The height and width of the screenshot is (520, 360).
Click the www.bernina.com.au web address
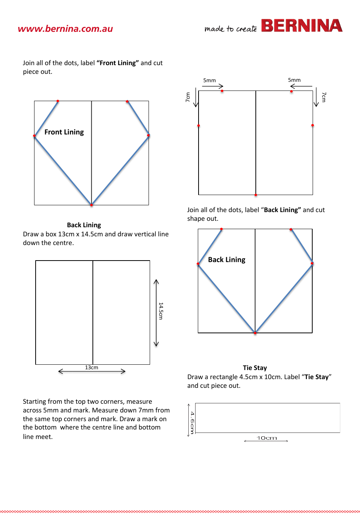[x=65, y=29]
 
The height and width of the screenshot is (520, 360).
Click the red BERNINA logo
[x=302, y=26]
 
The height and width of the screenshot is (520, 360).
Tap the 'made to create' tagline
[x=230, y=29]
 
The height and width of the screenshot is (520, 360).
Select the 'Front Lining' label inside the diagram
[x=64, y=132]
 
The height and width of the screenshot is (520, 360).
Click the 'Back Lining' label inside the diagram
[x=227, y=260]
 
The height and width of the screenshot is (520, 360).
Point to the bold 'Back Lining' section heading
[x=84, y=225]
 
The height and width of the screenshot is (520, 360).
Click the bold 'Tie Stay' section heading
[x=255, y=368]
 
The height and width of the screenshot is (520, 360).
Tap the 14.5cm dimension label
[x=161, y=311]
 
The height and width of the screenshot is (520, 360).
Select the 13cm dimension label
[x=91, y=367]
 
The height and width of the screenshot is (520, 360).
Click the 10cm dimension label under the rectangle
[x=267, y=438]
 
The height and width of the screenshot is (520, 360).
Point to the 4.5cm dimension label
[x=192, y=422]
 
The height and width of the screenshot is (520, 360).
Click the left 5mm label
[x=209, y=80]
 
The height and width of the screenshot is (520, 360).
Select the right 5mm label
[x=294, y=80]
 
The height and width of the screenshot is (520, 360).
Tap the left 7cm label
[x=188, y=97]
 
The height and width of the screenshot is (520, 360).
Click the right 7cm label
[x=324, y=97]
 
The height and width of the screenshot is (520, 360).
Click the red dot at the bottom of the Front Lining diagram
[x=91, y=205]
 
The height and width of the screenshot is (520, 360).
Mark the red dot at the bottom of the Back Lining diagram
[x=255, y=333]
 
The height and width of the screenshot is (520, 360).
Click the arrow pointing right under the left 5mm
[x=213, y=86]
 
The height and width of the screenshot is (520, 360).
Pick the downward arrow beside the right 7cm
[x=316, y=97]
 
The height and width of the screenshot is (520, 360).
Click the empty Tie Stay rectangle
[x=268, y=418]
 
